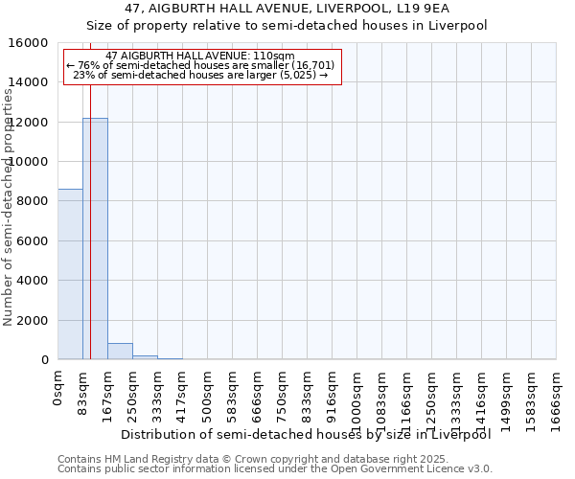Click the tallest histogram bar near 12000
pos(95,239)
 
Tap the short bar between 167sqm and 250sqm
pos(120,352)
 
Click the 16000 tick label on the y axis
pos(30,43)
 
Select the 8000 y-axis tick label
pos(34,201)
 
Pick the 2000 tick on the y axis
pos(34,320)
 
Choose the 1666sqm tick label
pos(556,400)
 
